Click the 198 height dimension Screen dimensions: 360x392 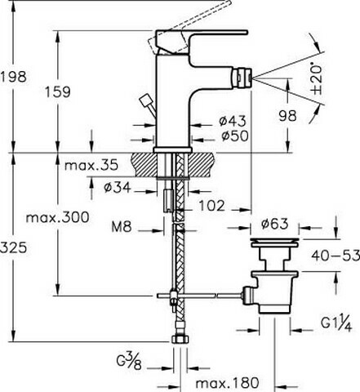[x=14, y=77]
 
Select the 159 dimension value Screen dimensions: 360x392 [x=58, y=91]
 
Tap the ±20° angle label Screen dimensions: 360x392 [x=318, y=79]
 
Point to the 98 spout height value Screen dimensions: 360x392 [x=287, y=116]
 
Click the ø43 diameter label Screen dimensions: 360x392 [x=233, y=121]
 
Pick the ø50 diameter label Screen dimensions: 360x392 [x=235, y=136]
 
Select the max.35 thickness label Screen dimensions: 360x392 [x=91, y=165]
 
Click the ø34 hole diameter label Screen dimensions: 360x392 [x=118, y=188]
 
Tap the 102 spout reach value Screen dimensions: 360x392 [x=212, y=206]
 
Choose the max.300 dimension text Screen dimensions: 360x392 [x=58, y=217]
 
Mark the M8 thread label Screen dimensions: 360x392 [x=122, y=226]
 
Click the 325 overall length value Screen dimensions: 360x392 [x=14, y=248]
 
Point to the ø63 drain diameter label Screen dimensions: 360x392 [x=274, y=224]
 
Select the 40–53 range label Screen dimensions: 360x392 [x=336, y=256]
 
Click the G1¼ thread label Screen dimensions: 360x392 [x=336, y=323]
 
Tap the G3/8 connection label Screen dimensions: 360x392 [x=129, y=360]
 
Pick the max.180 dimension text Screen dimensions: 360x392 [x=227, y=383]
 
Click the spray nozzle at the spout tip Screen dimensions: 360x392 [x=242, y=78]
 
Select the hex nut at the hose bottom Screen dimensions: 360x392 [x=180, y=340]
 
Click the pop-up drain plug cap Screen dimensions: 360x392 [x=274, y=243]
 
